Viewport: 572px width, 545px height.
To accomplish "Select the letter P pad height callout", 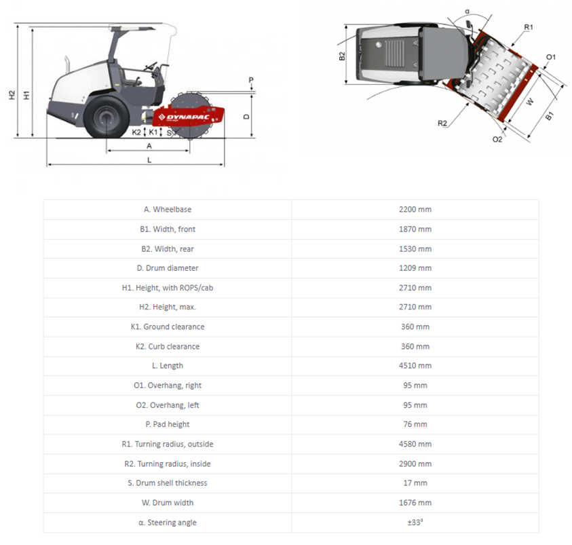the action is pyautogui.click(x=251, y=80).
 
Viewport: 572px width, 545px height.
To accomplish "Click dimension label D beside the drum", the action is pyautogui.click(x=247, y=116).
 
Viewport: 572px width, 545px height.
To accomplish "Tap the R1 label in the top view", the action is pyautogui.click(x=529, y=27).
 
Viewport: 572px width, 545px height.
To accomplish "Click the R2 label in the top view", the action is pyautogui.click(x=442, y=123).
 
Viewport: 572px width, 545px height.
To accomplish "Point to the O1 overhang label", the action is pyautogui.click(x=551, y=57).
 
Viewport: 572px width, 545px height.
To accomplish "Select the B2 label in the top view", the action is pyautogui.click(x=342, y=56).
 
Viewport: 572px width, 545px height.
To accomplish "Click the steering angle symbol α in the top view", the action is pyautogui.click(x=468, y=12).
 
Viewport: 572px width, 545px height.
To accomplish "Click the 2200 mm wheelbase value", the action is pyautogui.click(x=415, y=209).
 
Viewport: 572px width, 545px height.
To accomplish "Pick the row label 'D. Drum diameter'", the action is pyautogui.click(x=167, y=268).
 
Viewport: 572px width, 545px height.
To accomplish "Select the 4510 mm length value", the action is pyautogui.click(x=415, y=366).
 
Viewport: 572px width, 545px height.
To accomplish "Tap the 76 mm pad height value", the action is pyautogui.click(x=415, y=424).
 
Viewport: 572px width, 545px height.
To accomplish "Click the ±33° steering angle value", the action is pyautogui.click(x=415, y=522).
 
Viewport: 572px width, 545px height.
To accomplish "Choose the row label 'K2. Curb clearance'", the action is pyautogui.click(x=167, y=346).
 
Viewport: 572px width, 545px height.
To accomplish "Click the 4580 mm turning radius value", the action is pyautogui.click(x=415, y=444).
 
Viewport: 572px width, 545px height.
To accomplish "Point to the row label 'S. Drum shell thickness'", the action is pyautogui.click(x=167, y=483).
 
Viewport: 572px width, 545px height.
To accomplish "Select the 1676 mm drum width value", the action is pyautogui.click(x=415, y=503).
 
